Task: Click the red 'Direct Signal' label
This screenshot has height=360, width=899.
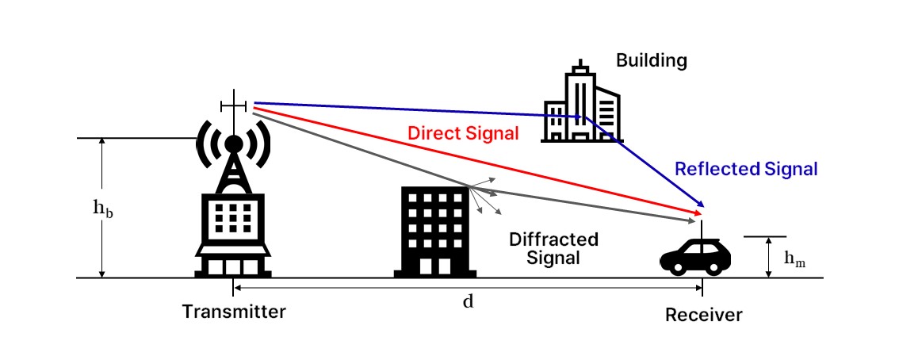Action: point(463,132)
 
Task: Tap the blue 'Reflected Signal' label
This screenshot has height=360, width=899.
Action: point(745,169)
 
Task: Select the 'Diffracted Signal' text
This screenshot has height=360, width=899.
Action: point(553,248)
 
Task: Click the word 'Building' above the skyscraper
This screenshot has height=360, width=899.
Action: point(651,60)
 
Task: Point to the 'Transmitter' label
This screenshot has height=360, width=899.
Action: point(234,311)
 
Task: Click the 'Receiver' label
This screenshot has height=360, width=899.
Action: point(703,315)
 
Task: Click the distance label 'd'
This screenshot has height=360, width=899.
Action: point(468,301)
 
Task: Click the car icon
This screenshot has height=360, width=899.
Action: point(696,256)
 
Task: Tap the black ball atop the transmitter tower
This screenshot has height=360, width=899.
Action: point(234,144)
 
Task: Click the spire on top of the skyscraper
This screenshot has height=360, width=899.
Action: point(582,65)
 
